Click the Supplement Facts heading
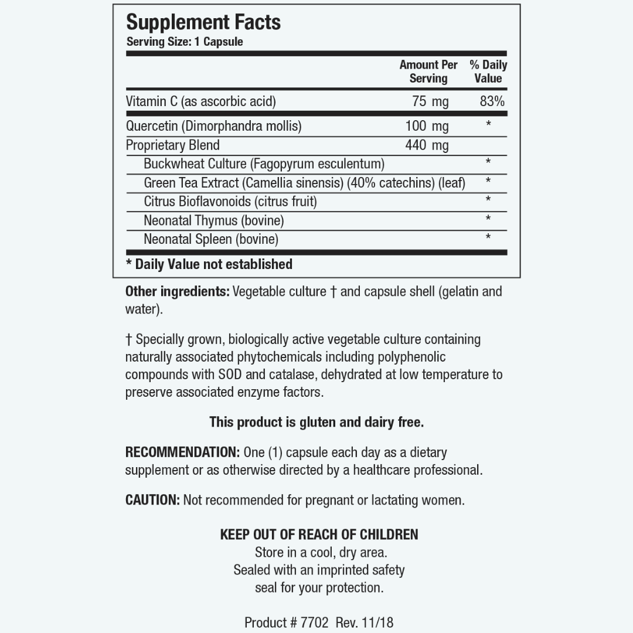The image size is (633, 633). point(203,22)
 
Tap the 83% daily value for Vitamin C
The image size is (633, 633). point(492,101)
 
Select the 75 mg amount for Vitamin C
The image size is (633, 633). point(430,101)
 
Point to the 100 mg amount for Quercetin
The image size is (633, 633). point(427,126)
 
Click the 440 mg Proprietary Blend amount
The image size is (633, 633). point(427,145)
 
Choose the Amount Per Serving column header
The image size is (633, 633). point(428,72)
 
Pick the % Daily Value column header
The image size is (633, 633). point(488,72)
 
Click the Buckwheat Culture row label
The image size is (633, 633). point(264,164)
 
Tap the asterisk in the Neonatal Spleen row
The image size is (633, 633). point(488,237)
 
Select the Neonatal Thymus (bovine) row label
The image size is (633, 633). point(214,220)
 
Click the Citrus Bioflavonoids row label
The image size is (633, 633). point(230,202)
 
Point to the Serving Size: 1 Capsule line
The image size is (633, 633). point(185,42)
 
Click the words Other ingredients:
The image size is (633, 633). point(178,291)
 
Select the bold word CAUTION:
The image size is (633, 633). point(152,500)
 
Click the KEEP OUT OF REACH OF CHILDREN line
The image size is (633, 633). point(319,535)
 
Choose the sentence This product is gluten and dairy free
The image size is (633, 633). point(316,422)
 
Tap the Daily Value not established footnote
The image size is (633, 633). point(209,264)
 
